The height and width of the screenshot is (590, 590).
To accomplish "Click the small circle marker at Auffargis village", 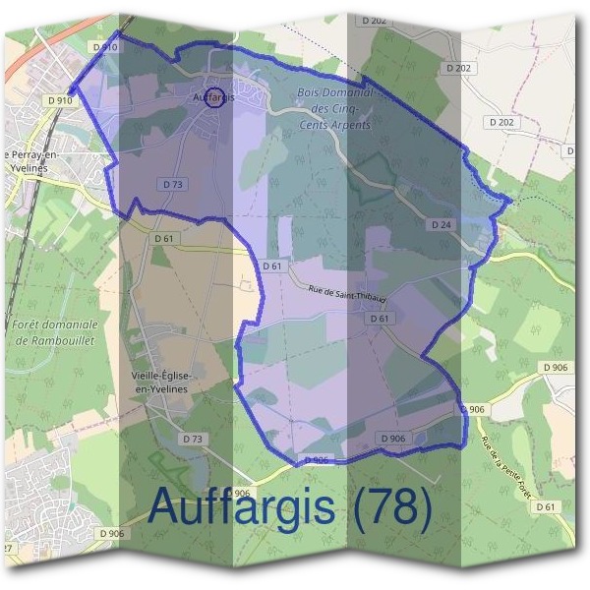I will coord(217,96).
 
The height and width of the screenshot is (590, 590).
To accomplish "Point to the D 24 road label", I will coord(442,225).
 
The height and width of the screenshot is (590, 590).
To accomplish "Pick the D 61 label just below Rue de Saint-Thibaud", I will coord(380,319).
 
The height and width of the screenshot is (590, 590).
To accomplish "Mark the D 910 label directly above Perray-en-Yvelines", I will coord(60,99).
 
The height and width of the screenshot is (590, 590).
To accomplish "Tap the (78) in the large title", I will coord(392,508).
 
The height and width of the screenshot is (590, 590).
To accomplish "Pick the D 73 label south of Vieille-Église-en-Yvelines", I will coord(193,438).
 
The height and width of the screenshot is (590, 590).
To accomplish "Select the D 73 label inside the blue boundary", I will coord(170,184).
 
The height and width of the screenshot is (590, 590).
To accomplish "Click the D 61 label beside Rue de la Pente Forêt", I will coord(547,506).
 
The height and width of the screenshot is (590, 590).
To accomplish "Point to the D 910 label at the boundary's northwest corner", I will coord(105,46).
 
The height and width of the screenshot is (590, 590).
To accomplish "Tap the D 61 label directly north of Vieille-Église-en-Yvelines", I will coord(164,238).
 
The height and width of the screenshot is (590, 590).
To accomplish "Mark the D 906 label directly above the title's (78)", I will coord(391,438).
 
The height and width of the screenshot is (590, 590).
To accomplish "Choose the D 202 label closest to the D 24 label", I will coord(501,123).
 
